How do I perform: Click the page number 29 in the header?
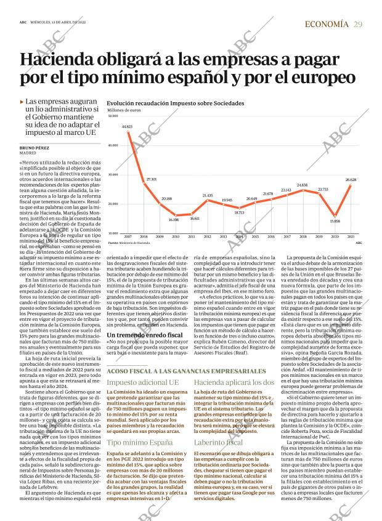coord(358,24)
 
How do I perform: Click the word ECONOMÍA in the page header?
coord(327,24)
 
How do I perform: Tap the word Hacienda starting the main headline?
coord(59,60)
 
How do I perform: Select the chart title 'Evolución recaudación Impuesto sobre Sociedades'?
coord(175,103)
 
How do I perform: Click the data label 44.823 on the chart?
coord(128,127)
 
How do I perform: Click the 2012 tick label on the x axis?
coord(208,236)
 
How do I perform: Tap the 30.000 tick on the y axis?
coord(113,174)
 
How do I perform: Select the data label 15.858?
coord(335,221)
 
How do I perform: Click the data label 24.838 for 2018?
coord(303,185)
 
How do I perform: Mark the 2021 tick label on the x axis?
coord(351,236)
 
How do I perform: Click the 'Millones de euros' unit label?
coord(124,110)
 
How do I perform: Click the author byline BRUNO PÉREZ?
coord(34,148)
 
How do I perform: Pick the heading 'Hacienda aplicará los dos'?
coord(234,382)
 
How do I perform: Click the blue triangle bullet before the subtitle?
coord(22,102)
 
